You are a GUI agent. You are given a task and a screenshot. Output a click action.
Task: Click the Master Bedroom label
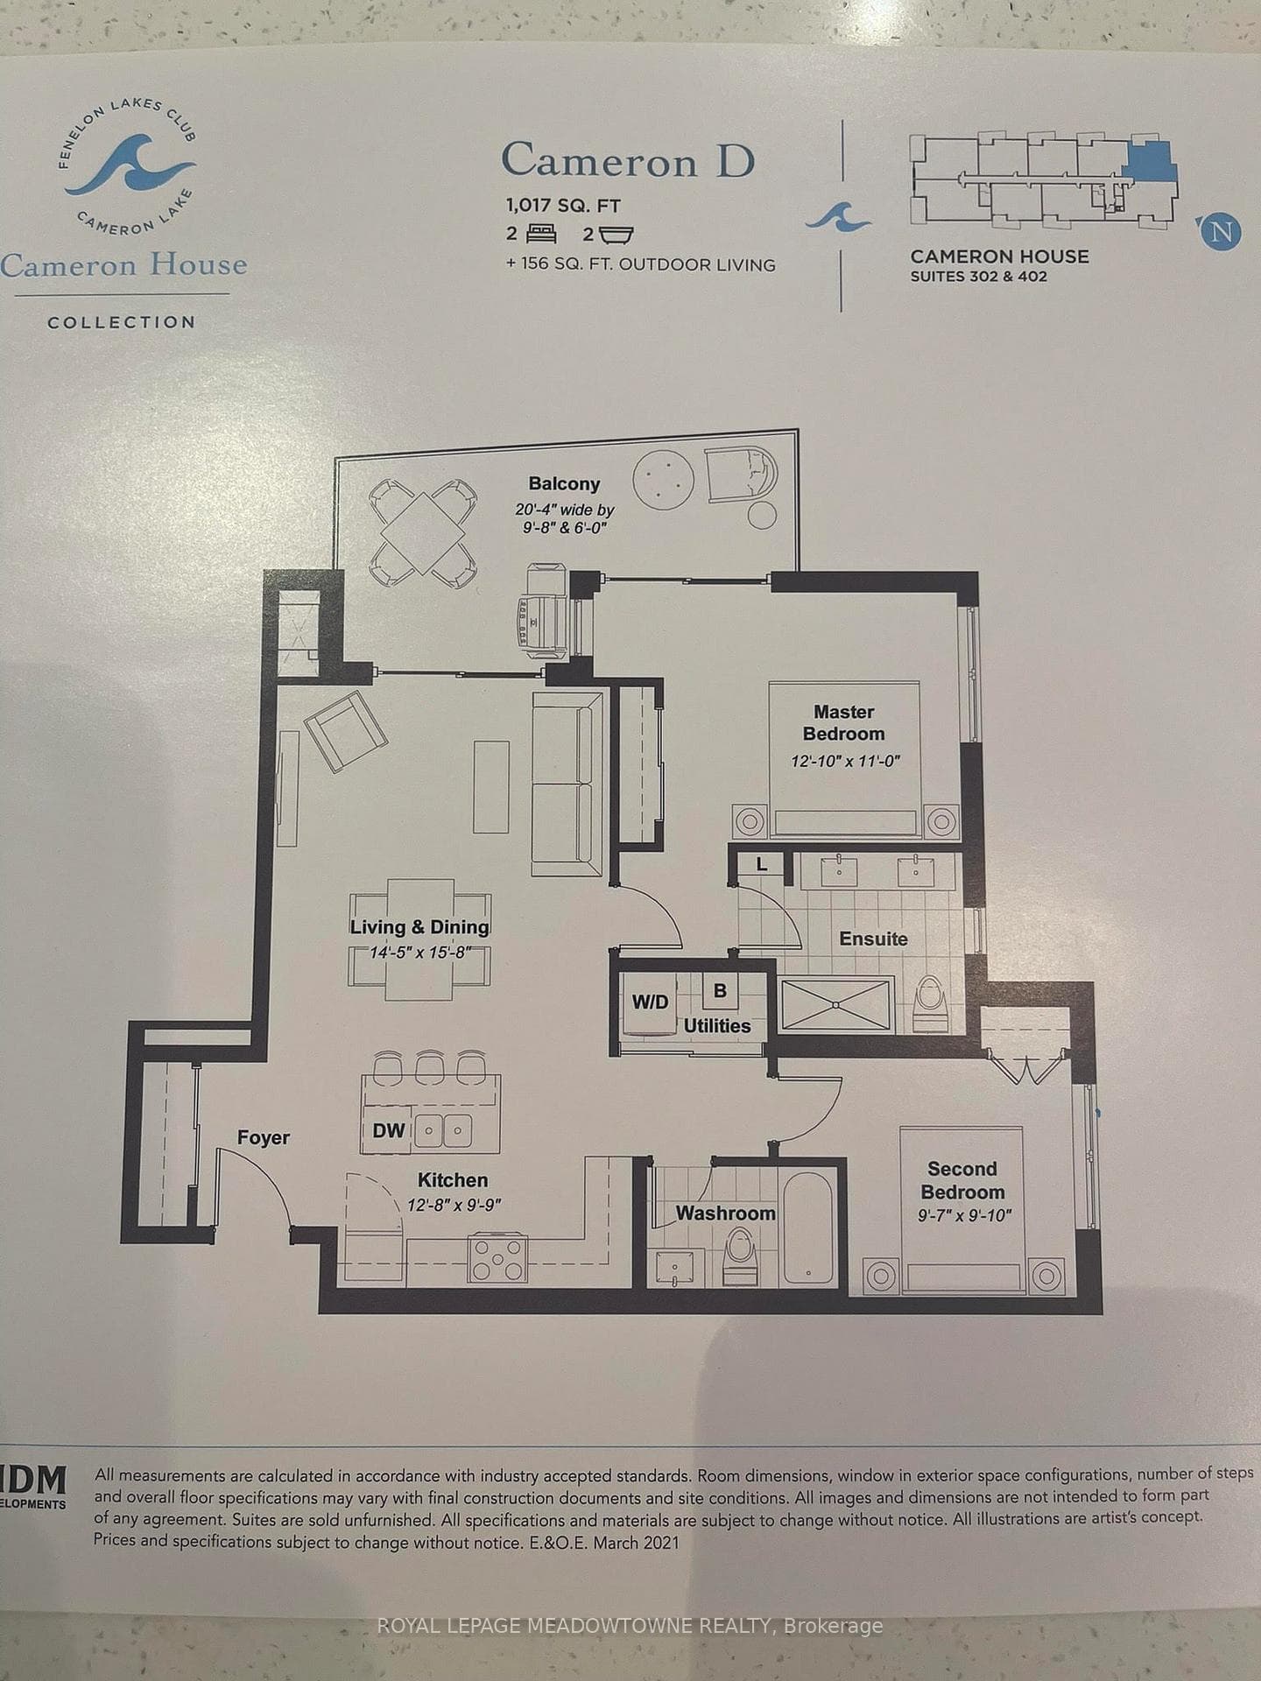843,723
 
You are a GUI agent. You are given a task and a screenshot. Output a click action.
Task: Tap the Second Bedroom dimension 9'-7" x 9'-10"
965,1215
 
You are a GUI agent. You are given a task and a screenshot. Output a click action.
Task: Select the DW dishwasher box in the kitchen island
388,1130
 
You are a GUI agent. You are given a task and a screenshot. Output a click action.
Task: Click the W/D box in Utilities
650,1002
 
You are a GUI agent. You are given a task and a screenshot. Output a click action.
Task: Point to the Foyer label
263,1137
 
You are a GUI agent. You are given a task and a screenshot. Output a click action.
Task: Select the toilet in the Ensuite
927,1006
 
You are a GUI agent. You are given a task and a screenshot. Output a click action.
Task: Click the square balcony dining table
424,533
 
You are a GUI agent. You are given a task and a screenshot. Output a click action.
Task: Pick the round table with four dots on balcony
663,476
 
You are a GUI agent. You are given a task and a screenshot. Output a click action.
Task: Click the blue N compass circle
1222,232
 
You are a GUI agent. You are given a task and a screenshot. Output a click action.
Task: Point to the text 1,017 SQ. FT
563,207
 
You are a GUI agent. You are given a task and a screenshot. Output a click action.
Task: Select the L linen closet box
761,865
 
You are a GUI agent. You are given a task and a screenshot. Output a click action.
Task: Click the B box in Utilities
720,991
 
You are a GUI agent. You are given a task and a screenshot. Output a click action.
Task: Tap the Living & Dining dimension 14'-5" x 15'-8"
420,952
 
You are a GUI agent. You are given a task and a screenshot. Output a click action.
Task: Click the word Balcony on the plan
564,483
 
